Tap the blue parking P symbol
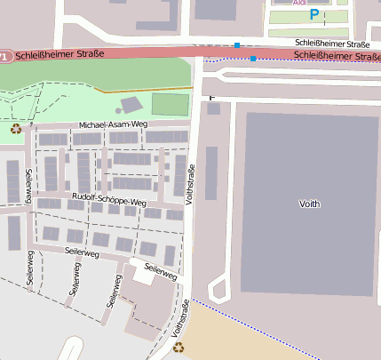(x=314, y=14)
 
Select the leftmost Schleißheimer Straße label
(x=60, y=54)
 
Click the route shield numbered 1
(x=4, y=56)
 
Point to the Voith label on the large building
(x=309, y=204)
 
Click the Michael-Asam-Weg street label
(x=111, y=126)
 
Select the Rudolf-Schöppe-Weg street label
(x=108, y=202)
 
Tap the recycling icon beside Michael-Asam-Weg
(x=16, y=129)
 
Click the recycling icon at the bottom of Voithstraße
(x=179, y=347)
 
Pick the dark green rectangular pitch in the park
(x=170, y=104)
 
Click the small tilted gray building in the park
(x=130, y=105)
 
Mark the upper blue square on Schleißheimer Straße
(x=237, y=44)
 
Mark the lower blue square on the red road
(x=253, y=59)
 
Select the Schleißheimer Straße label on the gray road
(x=332, y=44)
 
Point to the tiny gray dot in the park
(x=118, y=111)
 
